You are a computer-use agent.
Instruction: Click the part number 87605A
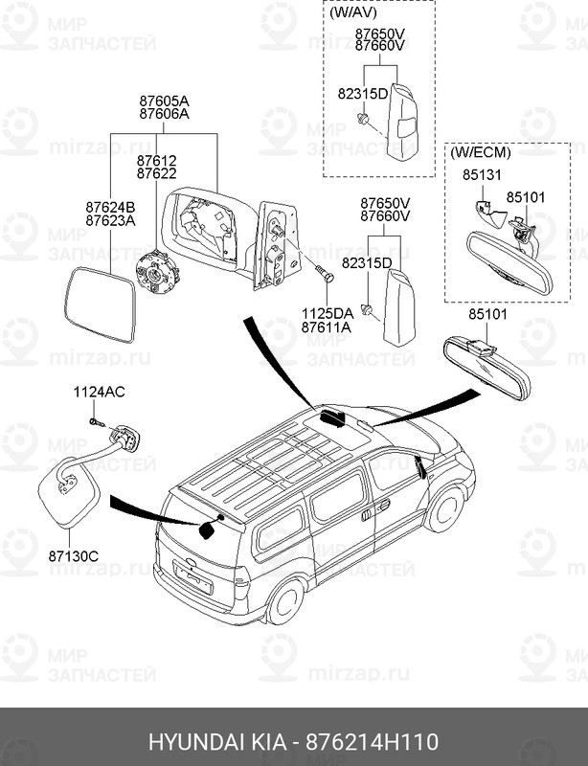pos(164,101)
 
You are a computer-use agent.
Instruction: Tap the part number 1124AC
pos(100,393)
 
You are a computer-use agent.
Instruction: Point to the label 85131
pos(482,175)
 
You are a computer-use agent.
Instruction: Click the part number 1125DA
pos(327,313)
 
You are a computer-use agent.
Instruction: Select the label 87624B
pos(110,207)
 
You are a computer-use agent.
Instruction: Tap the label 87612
pos(156,161)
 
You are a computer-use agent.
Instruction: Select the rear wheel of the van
pos(285,601)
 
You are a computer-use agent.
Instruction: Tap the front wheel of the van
pos(444,509)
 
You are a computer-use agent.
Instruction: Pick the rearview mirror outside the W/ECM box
pos(486,367)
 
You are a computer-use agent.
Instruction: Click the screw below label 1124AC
pos(96,421)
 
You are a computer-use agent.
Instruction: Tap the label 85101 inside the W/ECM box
pos(526,197)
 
